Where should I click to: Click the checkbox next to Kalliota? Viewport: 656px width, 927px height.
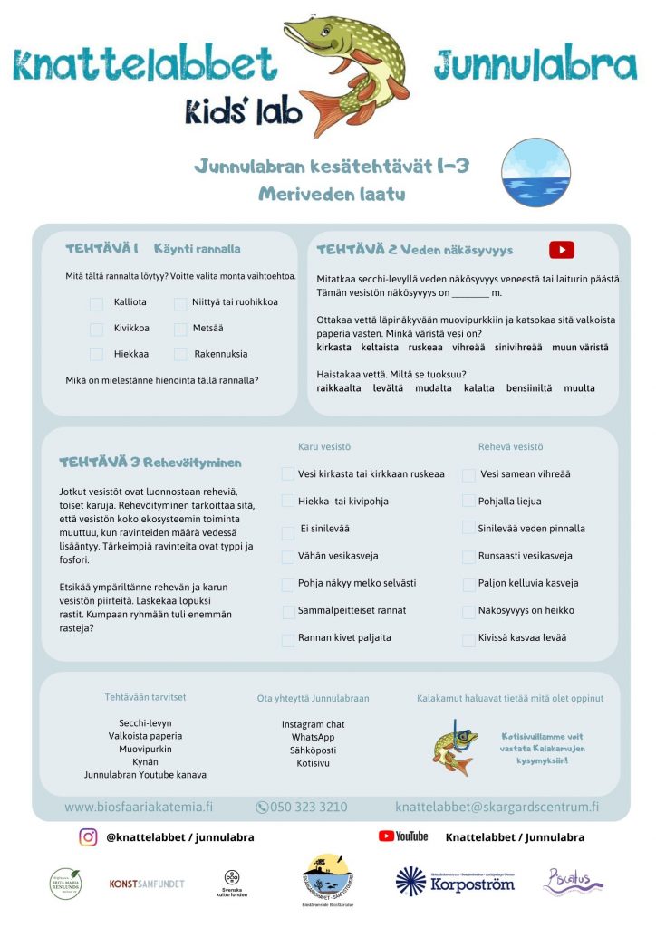point(96,302)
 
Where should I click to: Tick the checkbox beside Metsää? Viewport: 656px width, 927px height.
point(179,329)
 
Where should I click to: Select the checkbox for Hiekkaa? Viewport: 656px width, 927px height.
point(96,354)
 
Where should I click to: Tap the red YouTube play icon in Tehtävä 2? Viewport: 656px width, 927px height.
point(562,250)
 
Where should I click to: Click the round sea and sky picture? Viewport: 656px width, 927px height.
point(536,173)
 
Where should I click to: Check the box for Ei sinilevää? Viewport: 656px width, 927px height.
point(288,529)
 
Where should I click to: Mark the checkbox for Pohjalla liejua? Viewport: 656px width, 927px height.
point(468,502)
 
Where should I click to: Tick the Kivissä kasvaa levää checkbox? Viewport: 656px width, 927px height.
point(468,638)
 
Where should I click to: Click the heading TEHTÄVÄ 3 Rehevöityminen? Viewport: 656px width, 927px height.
point(150,463)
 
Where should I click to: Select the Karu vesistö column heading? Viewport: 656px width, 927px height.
point(324,447)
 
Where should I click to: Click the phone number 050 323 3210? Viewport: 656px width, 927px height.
point(302,807)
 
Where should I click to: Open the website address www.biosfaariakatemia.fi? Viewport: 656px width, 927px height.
point(140,807)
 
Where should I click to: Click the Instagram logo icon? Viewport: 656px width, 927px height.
point(88,837)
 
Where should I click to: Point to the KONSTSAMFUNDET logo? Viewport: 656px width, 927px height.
point(147,883)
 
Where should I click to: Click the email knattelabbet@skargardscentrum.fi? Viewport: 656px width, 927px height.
point(497,807)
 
